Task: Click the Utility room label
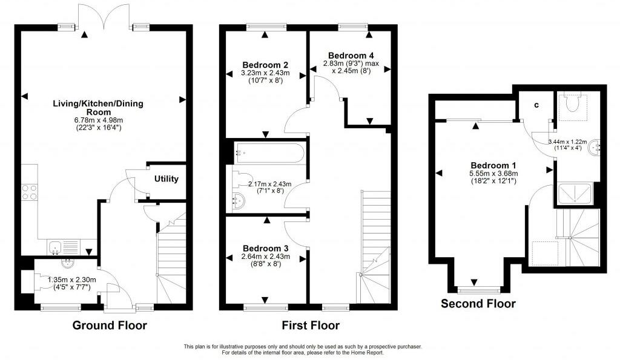click(166, 180)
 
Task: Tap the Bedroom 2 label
click(265, 65)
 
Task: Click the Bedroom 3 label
click(265, 248)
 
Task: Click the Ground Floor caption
click(110, 326)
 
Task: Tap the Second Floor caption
click(478, 304)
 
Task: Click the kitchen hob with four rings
click(28, 191)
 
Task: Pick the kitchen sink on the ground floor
click(55, 247)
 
